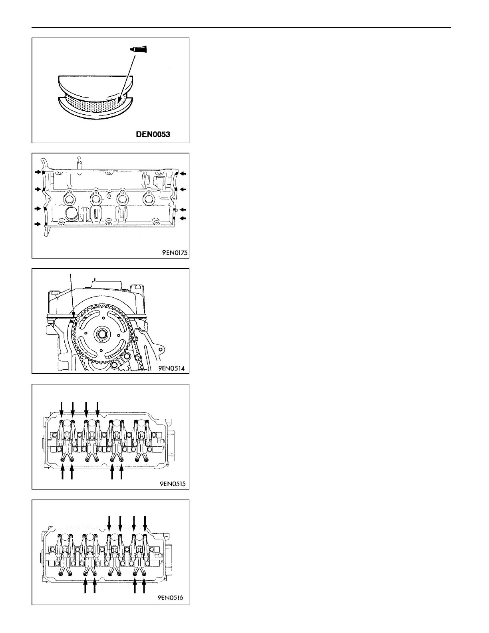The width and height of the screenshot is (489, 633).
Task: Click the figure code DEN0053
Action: coord(153,135)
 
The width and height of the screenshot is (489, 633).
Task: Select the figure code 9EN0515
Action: coord(172,484)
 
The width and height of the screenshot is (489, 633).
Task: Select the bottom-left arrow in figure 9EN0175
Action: coord(38,224)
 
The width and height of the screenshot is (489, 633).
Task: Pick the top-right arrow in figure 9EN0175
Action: coord(183,173)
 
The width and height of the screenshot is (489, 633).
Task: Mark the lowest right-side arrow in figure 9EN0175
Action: coord(183,218)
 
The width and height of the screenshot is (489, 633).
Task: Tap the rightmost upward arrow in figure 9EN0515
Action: coord(121,473)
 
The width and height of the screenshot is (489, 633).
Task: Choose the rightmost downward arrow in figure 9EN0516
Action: coord(145,524)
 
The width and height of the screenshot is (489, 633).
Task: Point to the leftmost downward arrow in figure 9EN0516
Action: coord(109,524)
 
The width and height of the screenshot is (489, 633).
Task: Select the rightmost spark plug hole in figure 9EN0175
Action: coord(149,198)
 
